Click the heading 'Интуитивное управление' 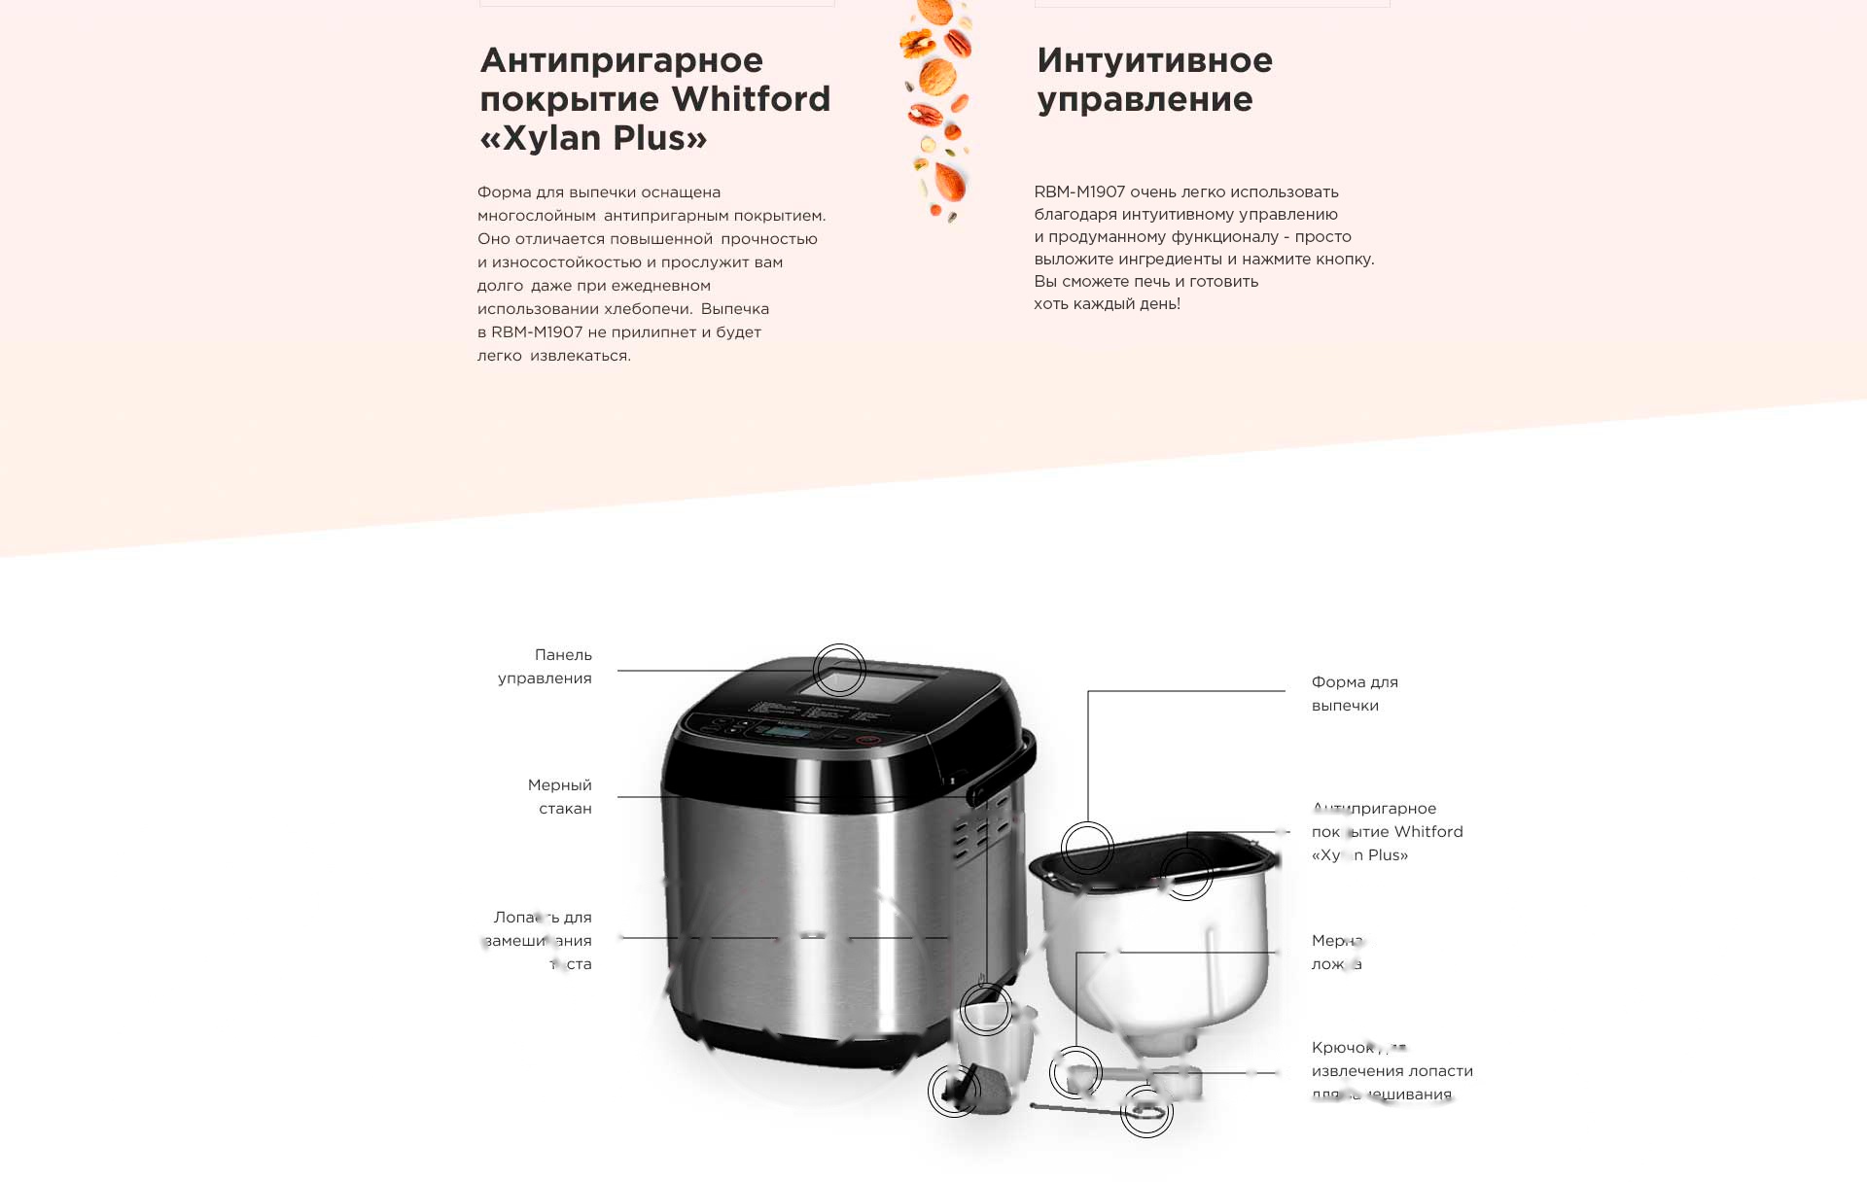coord(1154,80)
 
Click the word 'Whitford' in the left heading coord(751,99)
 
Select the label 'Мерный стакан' coord(560,796)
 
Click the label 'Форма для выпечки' coord(1354,693)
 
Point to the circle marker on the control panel coord(839,670)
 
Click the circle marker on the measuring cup coord(986,1010)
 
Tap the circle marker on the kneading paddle coord(954,1091)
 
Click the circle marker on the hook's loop coord(1146,1111)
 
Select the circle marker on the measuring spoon coord(1075,1073)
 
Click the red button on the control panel coord(868,740)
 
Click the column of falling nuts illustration coord(936,107)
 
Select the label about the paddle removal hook coord(1391,1070)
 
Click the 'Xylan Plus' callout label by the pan coord(1386,832)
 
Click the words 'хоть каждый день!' coord(1107,304)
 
